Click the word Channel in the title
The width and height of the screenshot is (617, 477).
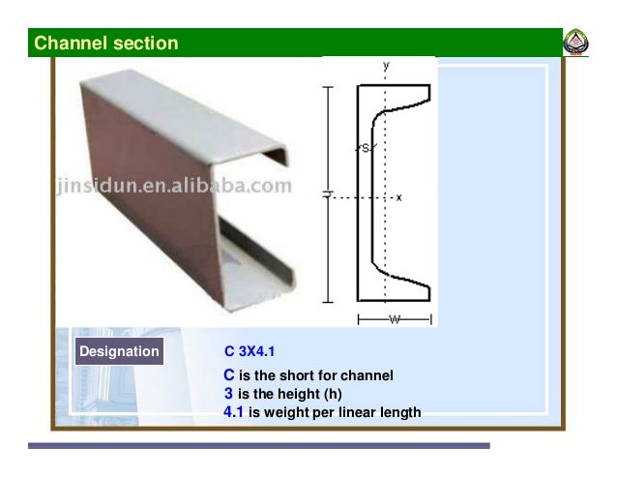tap(69, 44)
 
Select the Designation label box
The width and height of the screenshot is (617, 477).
tap(118, 351)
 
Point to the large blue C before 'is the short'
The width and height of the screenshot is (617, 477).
tap(229, 374)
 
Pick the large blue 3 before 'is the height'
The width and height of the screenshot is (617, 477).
tap(229, 394)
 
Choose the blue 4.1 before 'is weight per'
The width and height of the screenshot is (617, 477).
tap(234, 412)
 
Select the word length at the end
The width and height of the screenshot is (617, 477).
tap(400, 413)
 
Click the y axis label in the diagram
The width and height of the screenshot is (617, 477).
tap(386, 67)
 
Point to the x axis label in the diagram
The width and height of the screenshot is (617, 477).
tap(398, 197)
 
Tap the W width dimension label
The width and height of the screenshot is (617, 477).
tap(395, 318)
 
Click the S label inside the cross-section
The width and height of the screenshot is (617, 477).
tap(366, 148)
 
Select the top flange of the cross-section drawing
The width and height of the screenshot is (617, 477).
tap(397, 97)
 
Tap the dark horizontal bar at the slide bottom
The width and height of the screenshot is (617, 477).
tap(259, 446)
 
